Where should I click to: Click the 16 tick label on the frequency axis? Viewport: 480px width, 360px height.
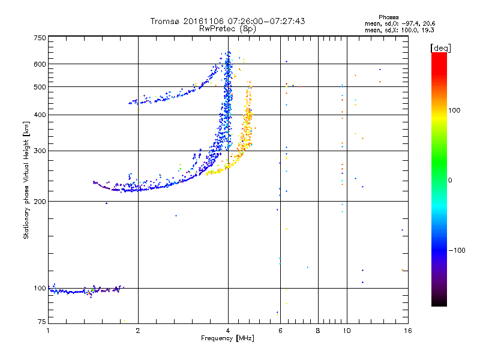click(407, 331)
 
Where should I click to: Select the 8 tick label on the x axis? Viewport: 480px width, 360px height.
click(318, 331)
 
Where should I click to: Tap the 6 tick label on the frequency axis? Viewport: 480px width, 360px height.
click(280, 331)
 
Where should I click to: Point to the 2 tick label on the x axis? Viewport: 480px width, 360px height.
click(138, 331)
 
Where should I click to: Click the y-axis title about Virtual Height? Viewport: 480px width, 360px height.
click(26, 180)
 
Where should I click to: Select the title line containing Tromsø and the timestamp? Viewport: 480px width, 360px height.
click(227, 21)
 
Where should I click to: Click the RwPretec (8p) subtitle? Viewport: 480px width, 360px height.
click(227, 28)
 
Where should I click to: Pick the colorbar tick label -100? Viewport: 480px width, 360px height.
click(457, 250)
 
